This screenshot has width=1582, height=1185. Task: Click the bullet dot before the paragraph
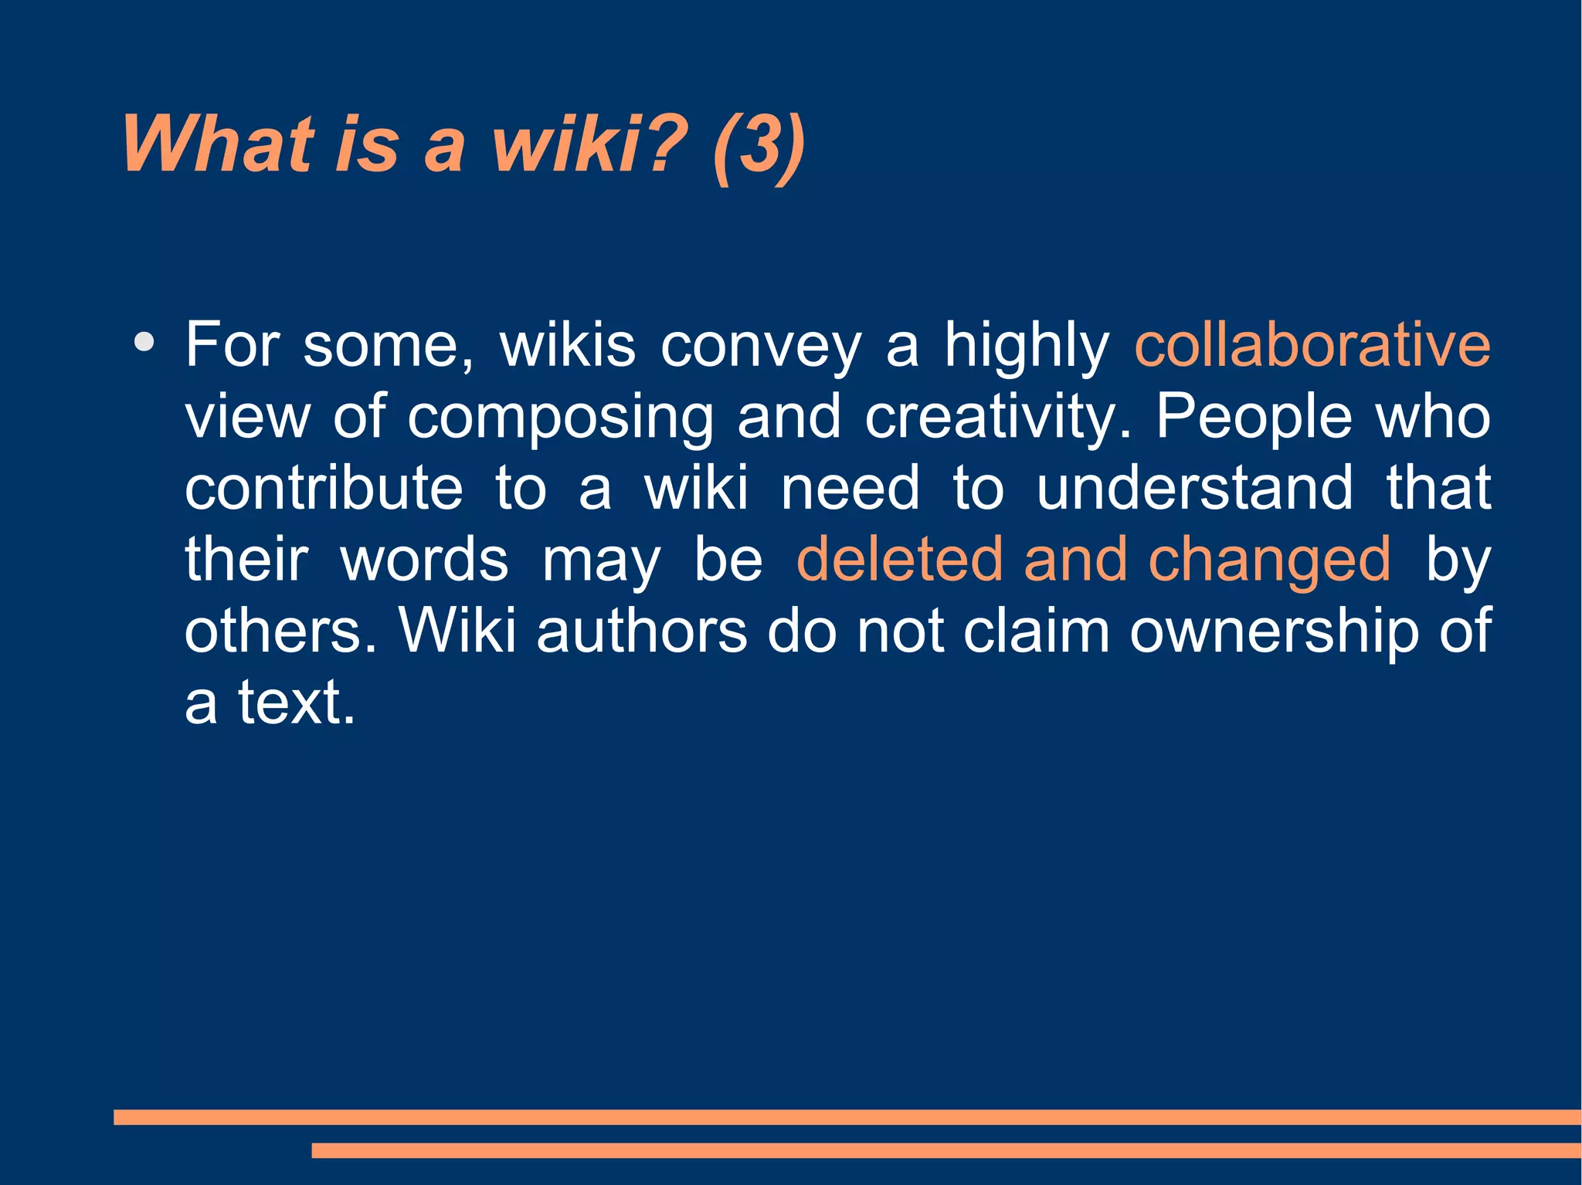(x=144, y=342)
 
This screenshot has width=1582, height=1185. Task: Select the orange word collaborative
(x=1312, y=345)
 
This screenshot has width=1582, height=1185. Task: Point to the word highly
(x=1027, y=347)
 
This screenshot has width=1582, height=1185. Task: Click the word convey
(x=760, y=347)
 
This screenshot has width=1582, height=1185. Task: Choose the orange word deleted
(x=898, y=560)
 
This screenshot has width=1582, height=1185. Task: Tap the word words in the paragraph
(x=425, y=560)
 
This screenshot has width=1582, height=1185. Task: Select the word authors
(x=641, y=631)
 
